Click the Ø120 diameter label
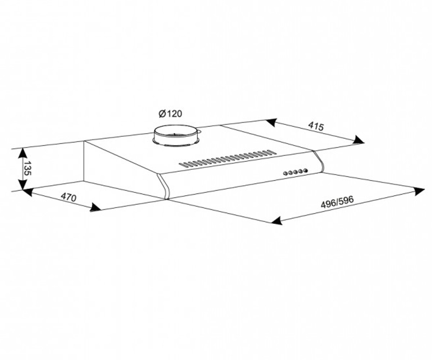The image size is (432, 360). coord(170,114)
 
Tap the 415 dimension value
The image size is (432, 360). coord(315,126)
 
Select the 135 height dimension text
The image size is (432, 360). coord(27,168)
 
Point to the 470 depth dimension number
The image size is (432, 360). coord(69,197)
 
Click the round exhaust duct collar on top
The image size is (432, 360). coord(176,135)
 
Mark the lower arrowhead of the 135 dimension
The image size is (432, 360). coord(23,184)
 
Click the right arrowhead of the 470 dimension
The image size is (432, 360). coord(95,207)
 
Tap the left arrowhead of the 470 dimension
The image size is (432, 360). coord(28,192)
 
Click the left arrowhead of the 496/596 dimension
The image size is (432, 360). coord(277,221)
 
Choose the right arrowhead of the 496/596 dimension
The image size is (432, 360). coord(419,192)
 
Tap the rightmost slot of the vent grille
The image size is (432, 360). coord(272,152)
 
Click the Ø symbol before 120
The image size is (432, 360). coord(162,114)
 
